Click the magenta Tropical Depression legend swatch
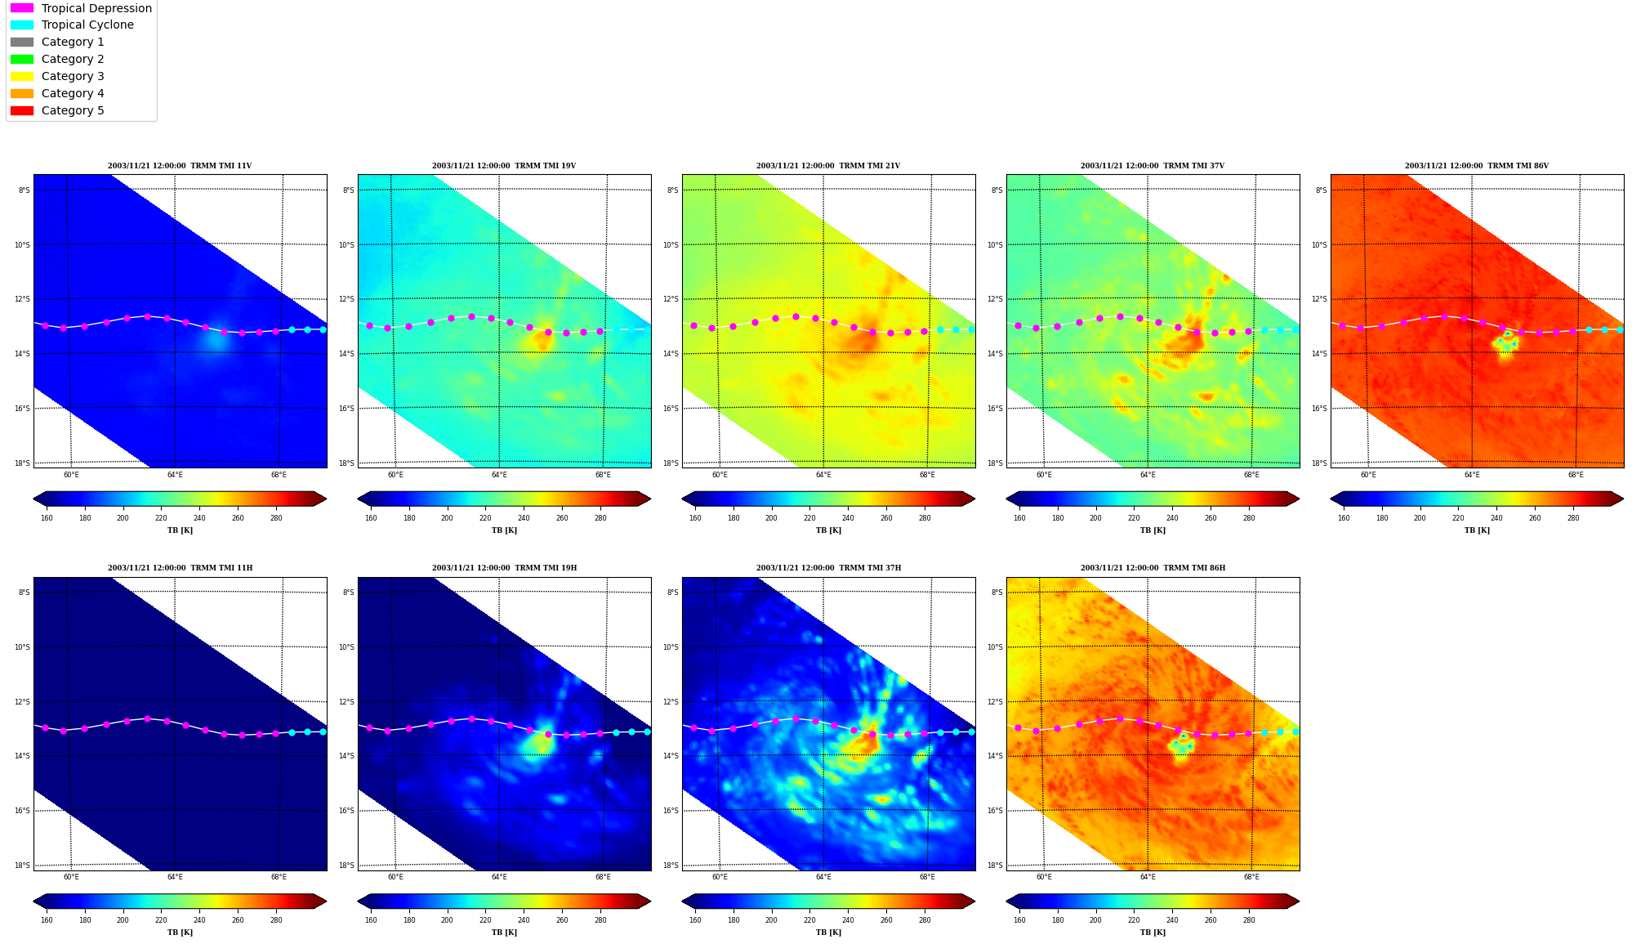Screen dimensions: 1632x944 22,8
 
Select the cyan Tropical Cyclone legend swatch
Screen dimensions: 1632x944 22,25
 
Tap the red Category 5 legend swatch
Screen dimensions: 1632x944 22,110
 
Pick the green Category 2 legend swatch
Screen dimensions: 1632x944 22,59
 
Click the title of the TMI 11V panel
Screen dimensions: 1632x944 180,166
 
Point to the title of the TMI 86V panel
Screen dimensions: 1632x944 1477,166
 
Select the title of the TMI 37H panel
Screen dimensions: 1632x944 828,568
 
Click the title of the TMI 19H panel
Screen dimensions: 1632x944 504,568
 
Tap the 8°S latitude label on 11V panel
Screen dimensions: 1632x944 25,190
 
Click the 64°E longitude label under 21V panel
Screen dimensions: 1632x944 823,475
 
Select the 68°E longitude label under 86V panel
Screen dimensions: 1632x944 1576,475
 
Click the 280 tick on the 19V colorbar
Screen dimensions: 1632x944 600,517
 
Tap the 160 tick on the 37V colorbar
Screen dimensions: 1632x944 1019,517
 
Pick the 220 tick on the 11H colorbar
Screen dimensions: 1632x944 161,920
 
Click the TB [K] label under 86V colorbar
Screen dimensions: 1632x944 1477,530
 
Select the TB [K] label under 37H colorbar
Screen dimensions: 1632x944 828,933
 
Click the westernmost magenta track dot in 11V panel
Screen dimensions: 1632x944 45,325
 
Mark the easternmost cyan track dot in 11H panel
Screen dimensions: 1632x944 323,731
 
